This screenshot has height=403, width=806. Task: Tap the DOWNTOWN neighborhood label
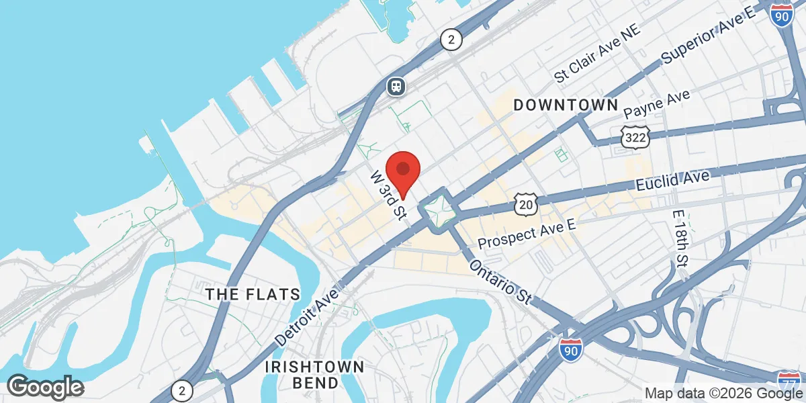pyautogui.click(x=566, y=105)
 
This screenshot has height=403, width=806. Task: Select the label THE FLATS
pyautogui.click(x=253, y=294)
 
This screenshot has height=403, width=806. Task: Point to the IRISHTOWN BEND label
pyautogui.click(x=314, y=375)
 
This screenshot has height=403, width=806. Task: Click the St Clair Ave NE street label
pyautogui.click(x=598, y=53)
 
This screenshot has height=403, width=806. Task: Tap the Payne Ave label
pyautogui.click(x=657, y=104)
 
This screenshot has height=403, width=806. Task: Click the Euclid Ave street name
pyautogui.click(x=673, y=181)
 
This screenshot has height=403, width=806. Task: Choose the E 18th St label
pyautogui.click(x=681, y=238)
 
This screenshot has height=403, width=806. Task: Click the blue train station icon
pyautogui.click(x=396, y=85)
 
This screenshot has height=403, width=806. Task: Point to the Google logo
pyautogui.click(x=45, y=386)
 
